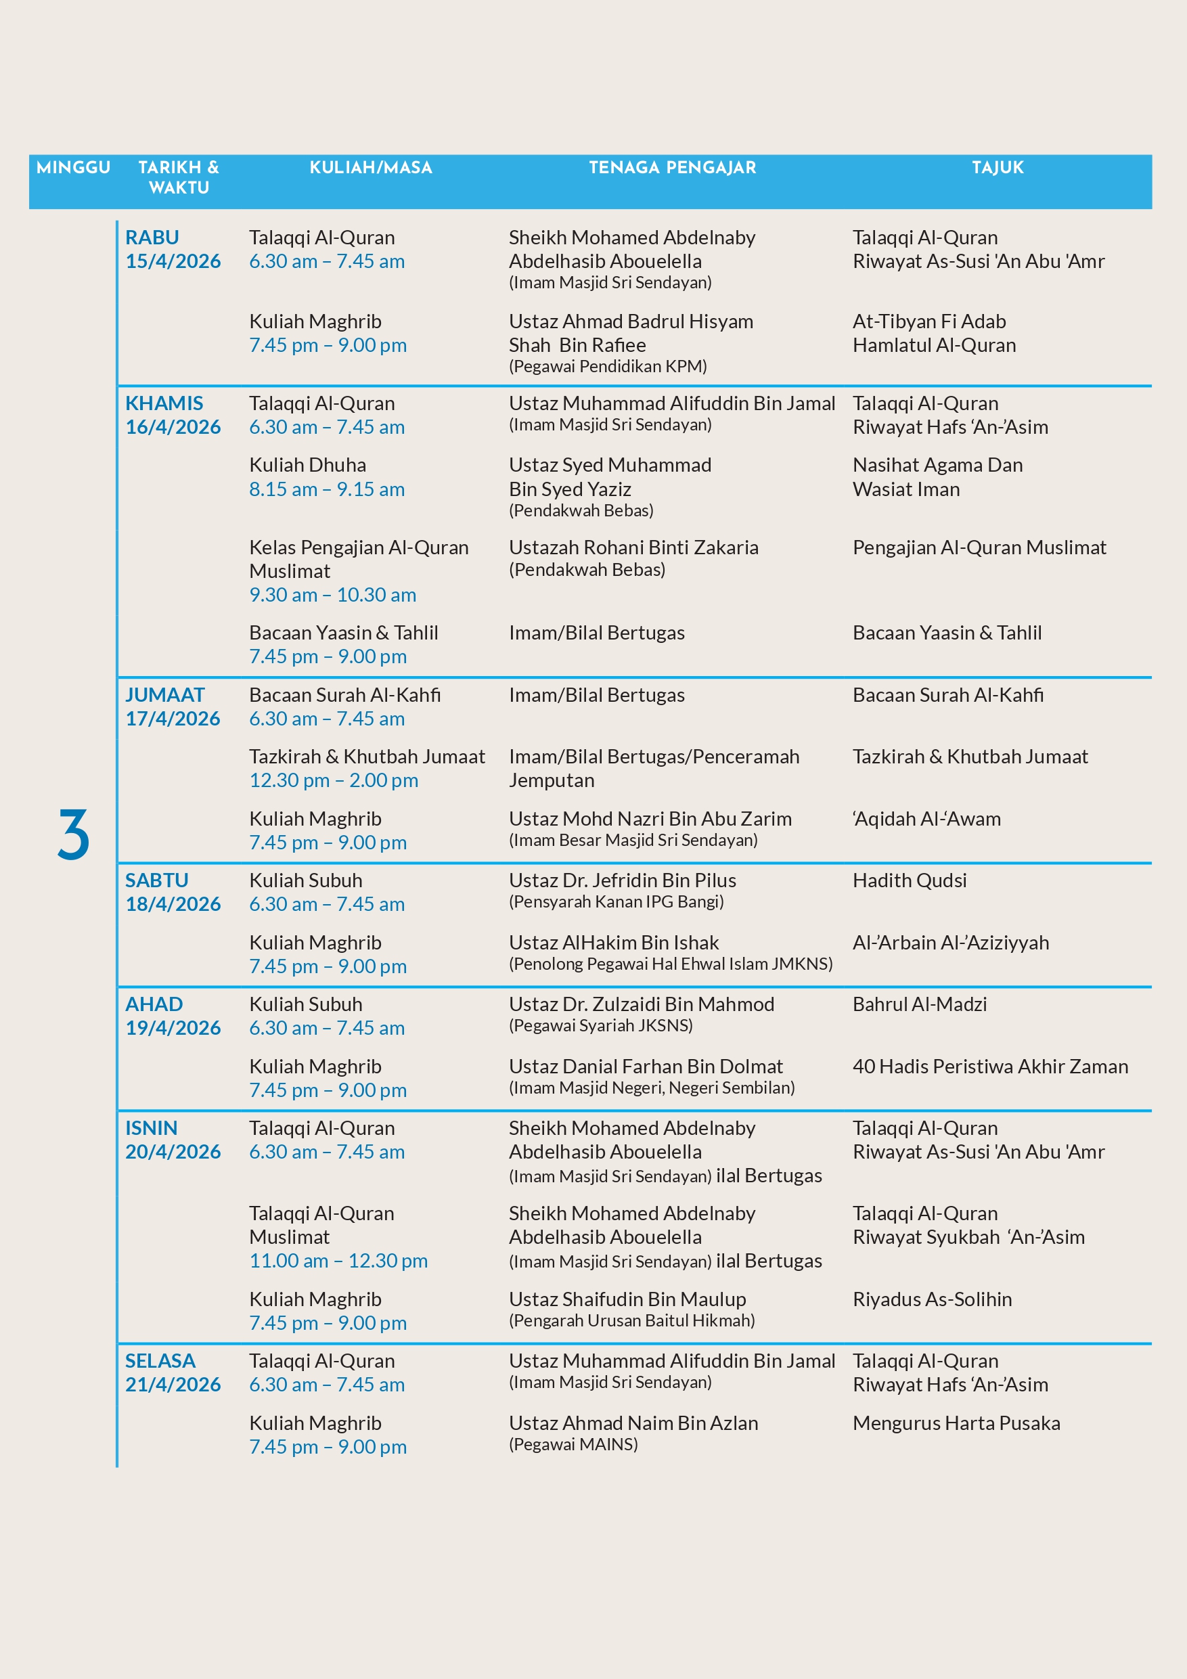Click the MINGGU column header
[x=73, y=167]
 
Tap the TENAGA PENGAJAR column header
[x=672, y=167]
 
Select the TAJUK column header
[x=997, y=167]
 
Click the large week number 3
[x=73, y=834]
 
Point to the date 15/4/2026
[x=173, y=261]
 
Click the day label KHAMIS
[x=164, y=403]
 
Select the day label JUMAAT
[x=164, y=695]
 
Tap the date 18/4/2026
[x=173, y=904]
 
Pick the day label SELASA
[x=160, y=1361]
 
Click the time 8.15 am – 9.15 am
[x=326, y=489]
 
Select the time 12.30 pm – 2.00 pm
[x=334, y=780]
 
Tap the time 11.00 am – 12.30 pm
[x=338, y=1261]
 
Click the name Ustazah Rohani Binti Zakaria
[x=633, y=547]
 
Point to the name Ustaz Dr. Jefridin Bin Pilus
[x=623, y=880]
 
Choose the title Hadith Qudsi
[x=909, y=880]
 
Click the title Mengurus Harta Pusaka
[x=956, y=1423]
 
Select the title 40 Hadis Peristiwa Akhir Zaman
[x=990, y=1066]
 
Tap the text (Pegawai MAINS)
[x=573, y=1444]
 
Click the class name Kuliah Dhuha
[x=307, y=465]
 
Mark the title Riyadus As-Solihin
[x=932, y=1299]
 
